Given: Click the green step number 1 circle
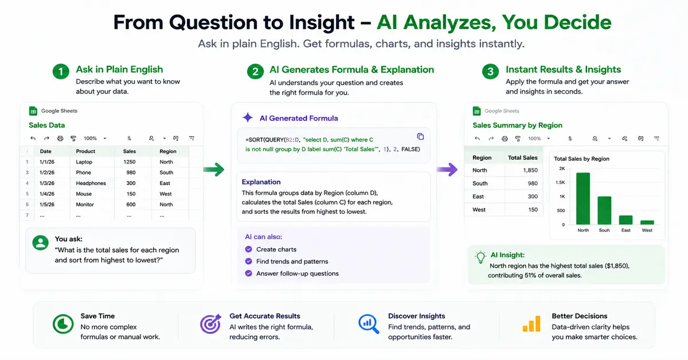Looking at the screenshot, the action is coord(61,72).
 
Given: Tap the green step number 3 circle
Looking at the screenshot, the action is coord(491,72).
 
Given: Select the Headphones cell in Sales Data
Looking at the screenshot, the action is coord(91,183).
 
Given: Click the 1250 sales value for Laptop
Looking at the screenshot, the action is coord(130,162).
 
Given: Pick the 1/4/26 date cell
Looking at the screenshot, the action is coord(47,194).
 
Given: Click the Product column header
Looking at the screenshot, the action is coord(85,151).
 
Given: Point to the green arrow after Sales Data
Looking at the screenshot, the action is coord(214,169).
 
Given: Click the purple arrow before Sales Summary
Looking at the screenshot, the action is coord(447,169).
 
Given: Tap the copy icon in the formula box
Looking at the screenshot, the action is coord(420,136).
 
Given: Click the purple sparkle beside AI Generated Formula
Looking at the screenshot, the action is coord(248,118).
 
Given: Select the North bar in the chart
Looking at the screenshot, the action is coord(583,198).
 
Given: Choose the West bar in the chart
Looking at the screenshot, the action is coord(647,222).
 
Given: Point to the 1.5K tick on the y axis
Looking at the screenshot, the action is coord(560,182).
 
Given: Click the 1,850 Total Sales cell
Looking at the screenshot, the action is coord(530,170).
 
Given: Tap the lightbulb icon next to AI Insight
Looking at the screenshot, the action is coord(480,257).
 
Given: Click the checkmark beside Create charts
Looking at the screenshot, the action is coord(248,249).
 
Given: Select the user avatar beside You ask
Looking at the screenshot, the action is coord(41,242).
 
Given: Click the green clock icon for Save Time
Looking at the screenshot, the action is coord(63,324).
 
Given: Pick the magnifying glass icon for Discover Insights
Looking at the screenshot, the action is coord(368,324).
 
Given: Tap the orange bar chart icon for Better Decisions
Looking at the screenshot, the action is coord(531,323).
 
